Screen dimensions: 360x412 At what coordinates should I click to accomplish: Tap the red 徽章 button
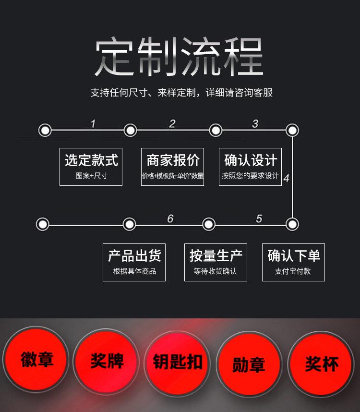[x=36, y=359]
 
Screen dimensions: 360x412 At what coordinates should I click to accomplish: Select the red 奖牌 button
[x=107, y=361]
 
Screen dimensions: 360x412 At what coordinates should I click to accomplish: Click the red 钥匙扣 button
[x=178, y=363]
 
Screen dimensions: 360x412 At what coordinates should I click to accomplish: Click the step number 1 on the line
[x=93, y=124]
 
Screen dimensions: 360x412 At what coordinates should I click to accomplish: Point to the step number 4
[x=286, y=179]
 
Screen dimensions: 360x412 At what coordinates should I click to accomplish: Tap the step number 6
[x=170, y=219]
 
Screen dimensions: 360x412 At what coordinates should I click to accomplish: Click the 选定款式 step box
[x=91, y=167]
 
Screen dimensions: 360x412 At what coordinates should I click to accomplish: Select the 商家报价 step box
[x=172, y=167]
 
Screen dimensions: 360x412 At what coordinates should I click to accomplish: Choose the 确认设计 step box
[x=250, y=167]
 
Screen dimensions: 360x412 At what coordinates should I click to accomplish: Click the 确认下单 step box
[x=293, y=262]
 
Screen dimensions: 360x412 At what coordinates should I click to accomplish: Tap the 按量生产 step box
[x=216, y=262]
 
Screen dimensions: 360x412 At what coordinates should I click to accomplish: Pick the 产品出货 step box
[x=134, y=262]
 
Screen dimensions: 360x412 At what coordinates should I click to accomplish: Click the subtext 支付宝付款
[x=293, y=271]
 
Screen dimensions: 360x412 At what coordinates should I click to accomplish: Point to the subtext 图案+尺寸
[x=91, y=176]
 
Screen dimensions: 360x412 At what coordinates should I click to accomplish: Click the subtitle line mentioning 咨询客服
[x=181, y=93]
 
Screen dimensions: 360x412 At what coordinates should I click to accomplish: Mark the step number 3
[x=255, y=124]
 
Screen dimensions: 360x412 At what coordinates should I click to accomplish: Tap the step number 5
[x=259, y=219]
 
